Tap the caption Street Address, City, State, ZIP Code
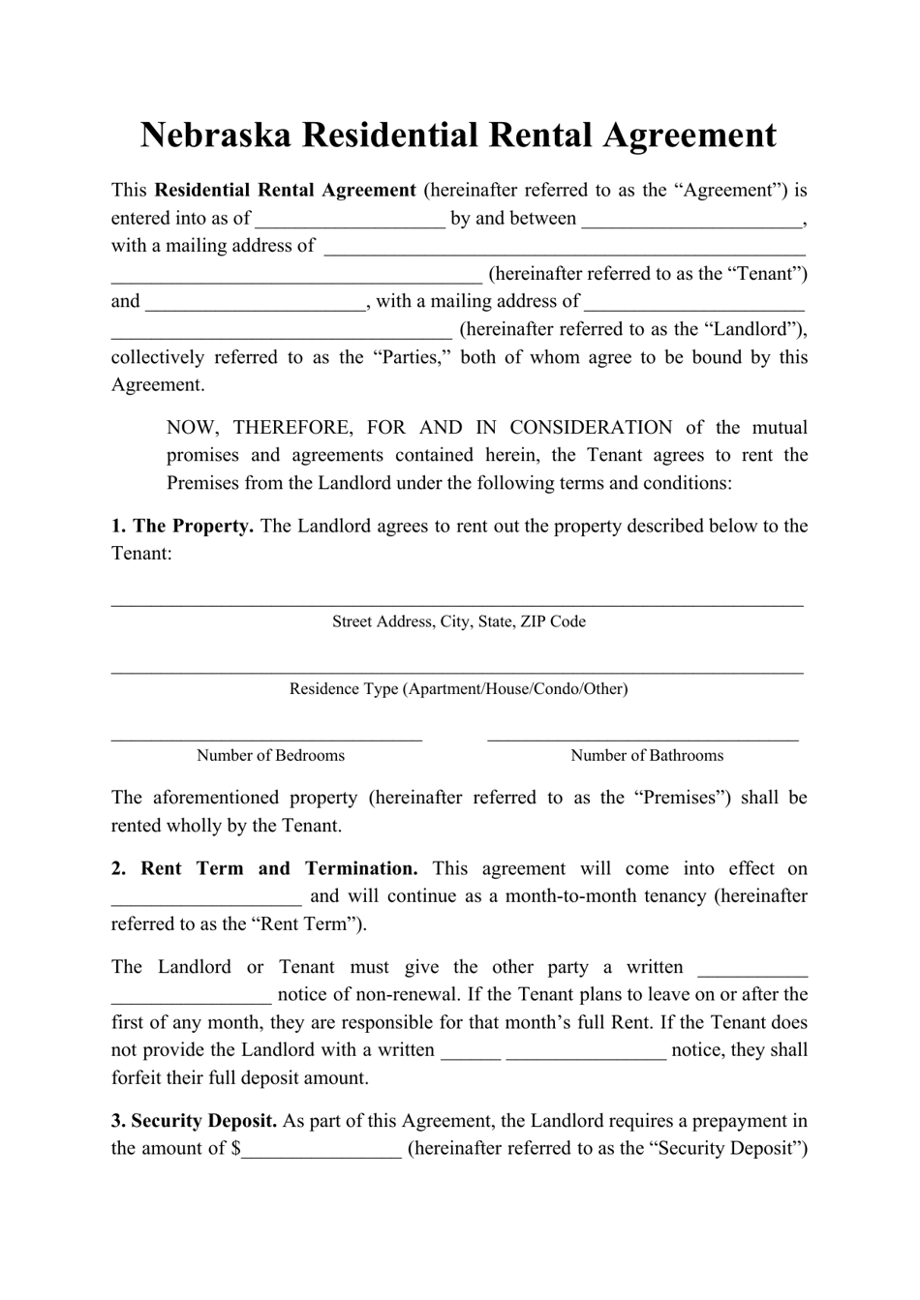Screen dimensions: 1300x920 point(459,621)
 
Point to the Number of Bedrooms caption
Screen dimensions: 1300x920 point(270,756)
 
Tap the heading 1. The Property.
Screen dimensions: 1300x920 point(182,527)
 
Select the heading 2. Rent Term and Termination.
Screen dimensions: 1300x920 point(264,869)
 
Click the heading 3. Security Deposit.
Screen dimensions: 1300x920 point(194,1122)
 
